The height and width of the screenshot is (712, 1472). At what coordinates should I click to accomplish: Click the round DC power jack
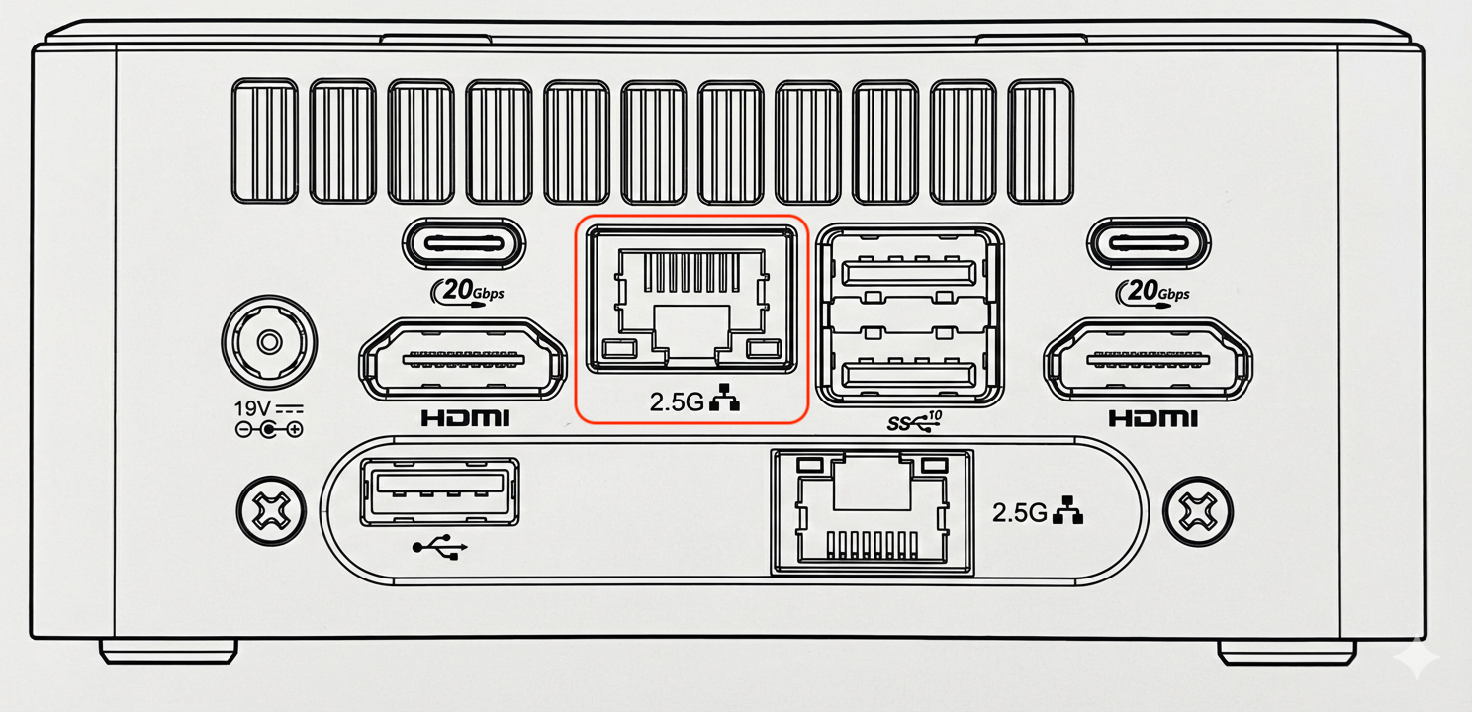269,342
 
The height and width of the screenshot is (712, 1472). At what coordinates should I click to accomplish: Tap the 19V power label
252,408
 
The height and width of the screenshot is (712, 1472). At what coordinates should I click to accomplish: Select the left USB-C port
464,243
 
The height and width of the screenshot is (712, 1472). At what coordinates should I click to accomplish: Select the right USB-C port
1149,243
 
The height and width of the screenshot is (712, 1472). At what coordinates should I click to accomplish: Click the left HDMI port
463,359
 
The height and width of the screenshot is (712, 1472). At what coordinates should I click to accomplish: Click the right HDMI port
1149,359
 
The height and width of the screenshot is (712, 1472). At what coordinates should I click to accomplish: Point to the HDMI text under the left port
465,418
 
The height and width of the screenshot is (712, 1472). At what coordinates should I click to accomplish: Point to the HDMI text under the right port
1153,418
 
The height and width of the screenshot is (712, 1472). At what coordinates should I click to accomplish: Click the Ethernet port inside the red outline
691,300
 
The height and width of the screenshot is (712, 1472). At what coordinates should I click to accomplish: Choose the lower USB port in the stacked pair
909,374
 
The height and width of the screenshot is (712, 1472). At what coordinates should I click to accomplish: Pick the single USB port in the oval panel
439,491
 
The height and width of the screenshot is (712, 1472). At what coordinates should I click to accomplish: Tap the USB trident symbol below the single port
439,547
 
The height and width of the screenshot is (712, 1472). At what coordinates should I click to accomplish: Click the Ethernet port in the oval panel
873,512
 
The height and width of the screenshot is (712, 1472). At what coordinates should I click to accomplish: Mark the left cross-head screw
271,511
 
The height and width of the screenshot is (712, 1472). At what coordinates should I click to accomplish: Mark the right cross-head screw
1198,511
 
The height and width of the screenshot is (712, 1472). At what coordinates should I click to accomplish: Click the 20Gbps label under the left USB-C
467,291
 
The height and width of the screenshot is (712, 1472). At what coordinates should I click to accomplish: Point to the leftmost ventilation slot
265,140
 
